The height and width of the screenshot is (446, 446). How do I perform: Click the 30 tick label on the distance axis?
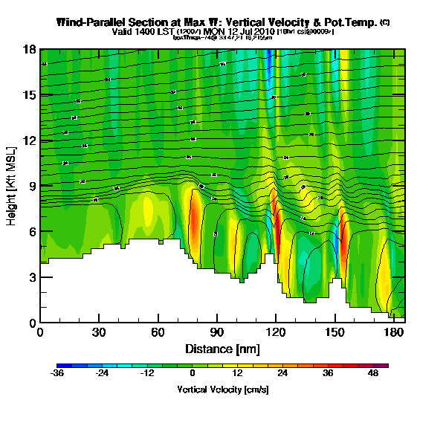pos(99,332)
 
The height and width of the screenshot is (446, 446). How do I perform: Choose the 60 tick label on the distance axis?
pos(158,332)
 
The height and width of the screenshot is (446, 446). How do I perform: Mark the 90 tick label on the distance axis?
pos(216,332)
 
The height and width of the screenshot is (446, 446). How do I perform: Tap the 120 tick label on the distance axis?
pos(276,332)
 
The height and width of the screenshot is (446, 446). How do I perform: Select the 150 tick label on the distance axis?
pos(334,332)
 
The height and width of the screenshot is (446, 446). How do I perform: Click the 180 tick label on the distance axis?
pos(393,332)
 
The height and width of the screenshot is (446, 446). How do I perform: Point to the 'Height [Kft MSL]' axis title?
pos(12,187)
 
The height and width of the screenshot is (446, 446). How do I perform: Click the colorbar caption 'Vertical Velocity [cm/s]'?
pos(223,390)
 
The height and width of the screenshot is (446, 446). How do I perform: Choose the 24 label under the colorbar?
pos(282,374)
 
